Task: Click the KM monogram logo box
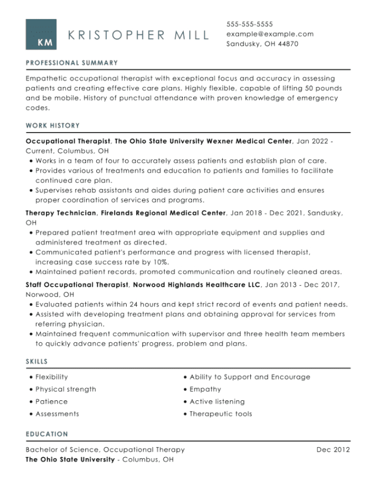point(41,35)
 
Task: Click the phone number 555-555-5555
point(249,24)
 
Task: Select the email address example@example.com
point(270,34)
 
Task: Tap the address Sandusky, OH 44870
point(262,44)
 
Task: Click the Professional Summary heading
point(72,63)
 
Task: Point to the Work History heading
point(52,126)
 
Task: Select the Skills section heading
point(37,361)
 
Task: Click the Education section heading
point(47,434)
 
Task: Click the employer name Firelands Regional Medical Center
point(163,213)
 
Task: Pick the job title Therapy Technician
point(61,213)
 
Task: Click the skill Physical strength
point(66,389)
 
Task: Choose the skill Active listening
point(217,402)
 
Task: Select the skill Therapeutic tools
point(221,414)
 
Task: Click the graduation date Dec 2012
point(333,450)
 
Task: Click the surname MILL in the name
point(191,35)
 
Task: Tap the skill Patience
point(51,402)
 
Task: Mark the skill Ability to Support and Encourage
point(250,377)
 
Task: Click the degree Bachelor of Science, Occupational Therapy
point(105,450)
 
